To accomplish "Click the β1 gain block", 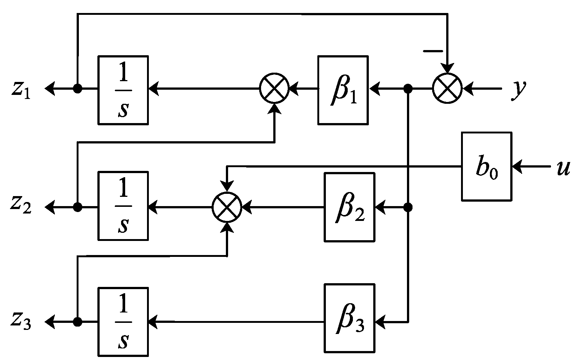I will tap(343, 90).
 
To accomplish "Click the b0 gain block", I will tap(486, 166).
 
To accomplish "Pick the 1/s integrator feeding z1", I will tap(123, 90).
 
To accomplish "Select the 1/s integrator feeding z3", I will tap(123, 321).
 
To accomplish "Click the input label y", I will tap(518, 90).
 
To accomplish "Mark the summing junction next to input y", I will tap(447, 89).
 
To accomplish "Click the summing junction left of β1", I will tap(274, 89).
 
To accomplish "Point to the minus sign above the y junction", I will tap(433, 50).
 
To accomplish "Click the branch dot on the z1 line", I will tap(77, 89).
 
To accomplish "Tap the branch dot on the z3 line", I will tap(77, 322).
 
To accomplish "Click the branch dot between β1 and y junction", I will tap(408, 89).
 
